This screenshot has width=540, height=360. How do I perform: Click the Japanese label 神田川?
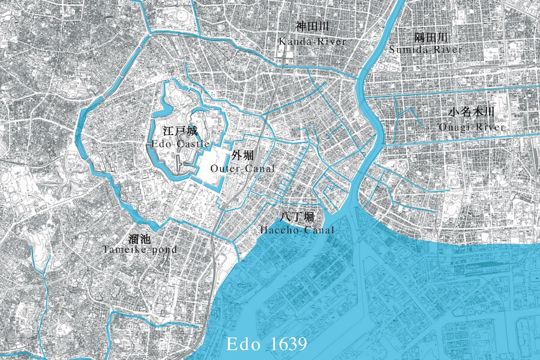(311, 27)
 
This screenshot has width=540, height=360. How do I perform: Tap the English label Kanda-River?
(311, 41)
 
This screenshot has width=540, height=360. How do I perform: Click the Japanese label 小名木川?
(471, 113)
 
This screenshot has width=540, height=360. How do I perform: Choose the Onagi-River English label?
(471, 127)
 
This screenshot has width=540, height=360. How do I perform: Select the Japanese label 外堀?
(243, 155)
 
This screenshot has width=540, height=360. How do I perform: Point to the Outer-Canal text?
(243, 169)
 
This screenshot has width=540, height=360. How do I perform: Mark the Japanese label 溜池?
(139, 236)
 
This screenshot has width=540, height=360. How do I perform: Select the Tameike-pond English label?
(139, 249)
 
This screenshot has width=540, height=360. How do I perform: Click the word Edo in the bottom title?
(242, 344)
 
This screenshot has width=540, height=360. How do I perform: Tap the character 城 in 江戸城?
(190, 130)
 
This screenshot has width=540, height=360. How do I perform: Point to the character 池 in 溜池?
(146, 236)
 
